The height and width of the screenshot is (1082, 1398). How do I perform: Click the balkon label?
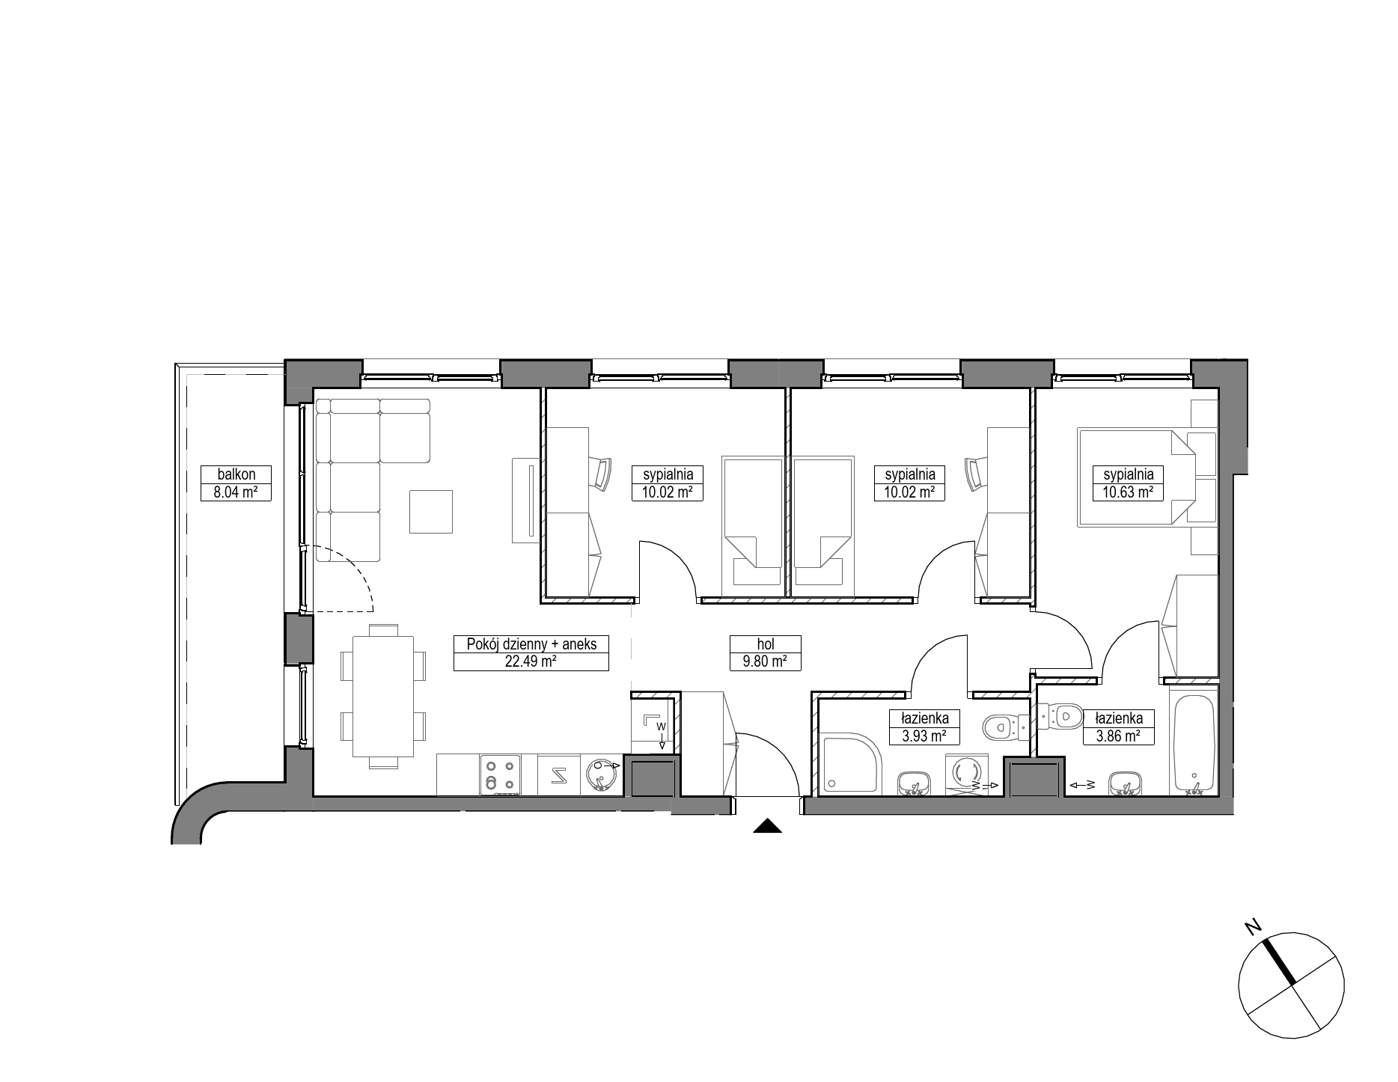[236, 474]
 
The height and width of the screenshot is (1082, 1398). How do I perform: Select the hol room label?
[765, 644]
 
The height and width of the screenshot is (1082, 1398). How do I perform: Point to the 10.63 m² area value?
[1127, 492]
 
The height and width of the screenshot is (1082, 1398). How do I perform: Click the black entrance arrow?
[766, 826]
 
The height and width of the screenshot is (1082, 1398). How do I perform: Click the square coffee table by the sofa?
[430, 511]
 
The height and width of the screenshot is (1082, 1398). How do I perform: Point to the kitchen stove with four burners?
[501, 774]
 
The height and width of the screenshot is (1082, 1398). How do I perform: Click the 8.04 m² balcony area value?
[236, 492]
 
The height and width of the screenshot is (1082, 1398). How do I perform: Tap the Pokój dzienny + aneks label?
[531, 644]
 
